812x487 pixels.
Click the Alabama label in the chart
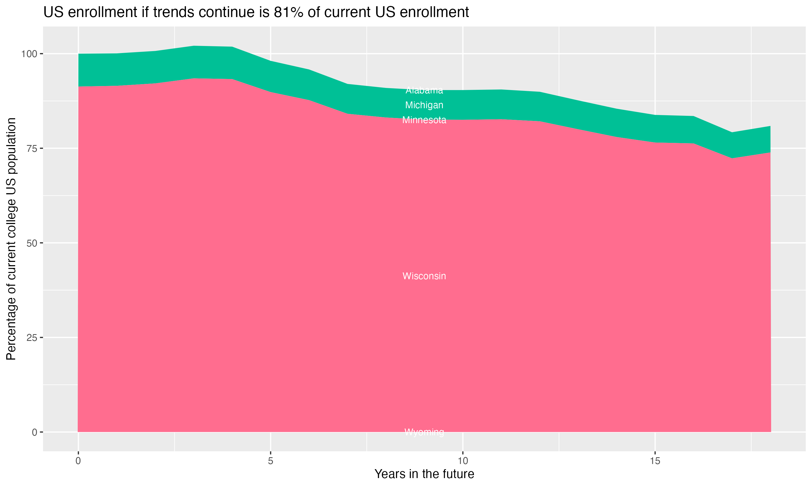coord(424,90)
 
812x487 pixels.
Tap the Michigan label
coord(424,105)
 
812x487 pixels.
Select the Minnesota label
coord(424,120)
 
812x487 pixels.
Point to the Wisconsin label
coord(424,276)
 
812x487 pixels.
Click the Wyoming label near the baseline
coord(424,432)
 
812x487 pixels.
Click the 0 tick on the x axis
coord(78,461)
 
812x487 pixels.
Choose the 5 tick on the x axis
coord(270,461)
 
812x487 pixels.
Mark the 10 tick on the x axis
coord(463,461)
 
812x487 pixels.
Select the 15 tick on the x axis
coord(655,461)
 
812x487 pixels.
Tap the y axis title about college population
coord(11,239)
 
